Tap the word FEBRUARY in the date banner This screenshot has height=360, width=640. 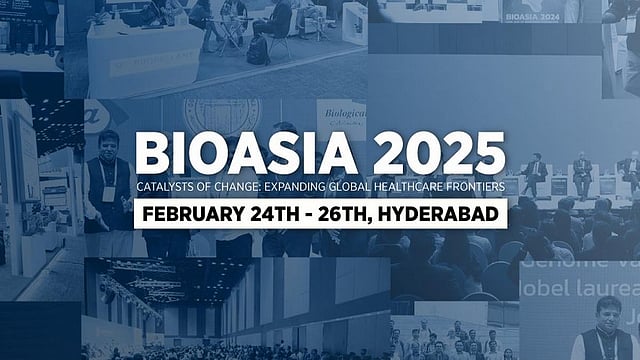(190, 214)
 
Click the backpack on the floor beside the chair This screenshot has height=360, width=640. (258, 50)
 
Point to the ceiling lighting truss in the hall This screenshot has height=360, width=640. (140, 285)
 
